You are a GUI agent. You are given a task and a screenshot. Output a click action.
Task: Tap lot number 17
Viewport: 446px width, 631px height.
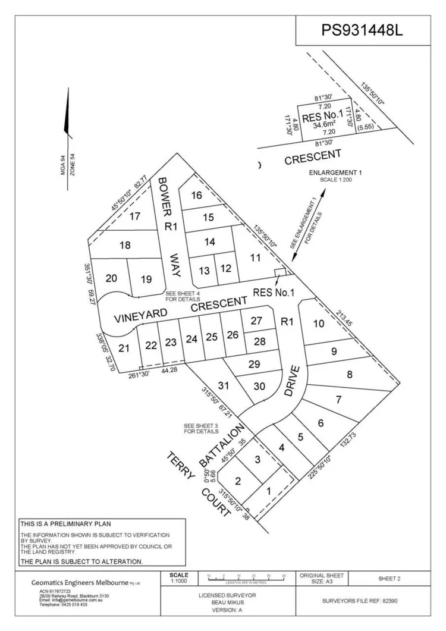point(135,216)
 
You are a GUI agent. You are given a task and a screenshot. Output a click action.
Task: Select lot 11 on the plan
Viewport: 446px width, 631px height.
point(255,258)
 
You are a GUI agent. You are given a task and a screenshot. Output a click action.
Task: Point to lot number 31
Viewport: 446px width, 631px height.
point(224,385)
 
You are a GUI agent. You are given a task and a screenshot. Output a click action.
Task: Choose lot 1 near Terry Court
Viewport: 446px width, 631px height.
point(268,491)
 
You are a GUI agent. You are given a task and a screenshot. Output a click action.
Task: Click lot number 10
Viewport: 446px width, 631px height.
point(319,324)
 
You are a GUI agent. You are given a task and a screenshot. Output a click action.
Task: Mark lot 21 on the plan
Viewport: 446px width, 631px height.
point(124,349)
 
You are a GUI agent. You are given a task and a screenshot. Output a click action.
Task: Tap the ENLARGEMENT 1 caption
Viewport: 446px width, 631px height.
point(335,172)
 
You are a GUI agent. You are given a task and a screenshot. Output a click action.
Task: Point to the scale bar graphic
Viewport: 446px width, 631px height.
point(246,577)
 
